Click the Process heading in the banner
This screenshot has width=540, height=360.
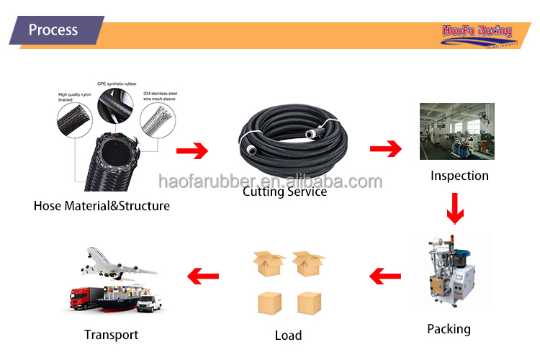pyautogui.click(x=53, y=30)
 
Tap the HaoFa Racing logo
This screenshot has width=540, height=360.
pyautogui.click(x=476, y=32)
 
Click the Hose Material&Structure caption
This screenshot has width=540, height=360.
pyautogui.click(x=102, y=206)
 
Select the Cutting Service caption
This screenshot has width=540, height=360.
pyautogui.click(x=284, y=192)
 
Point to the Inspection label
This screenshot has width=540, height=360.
pyautogui.click(x=459, y=176)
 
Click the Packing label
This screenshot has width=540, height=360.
pyautogui.click(x=449, y=329)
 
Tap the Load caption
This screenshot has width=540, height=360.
pyautogui.click(x=288, y=335)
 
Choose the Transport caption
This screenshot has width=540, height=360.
pyautogui.click(x=111, y=334)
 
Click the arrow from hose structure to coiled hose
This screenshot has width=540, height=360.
pyautogui.click(x=192, y=151)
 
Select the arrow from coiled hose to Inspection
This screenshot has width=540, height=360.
pyautogui.click(x=385, y=149)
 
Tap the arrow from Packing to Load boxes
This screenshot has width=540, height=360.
pyautogui.click(x=385, y=274)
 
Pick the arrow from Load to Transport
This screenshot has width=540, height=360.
pyautogui.click(x=203, y=274)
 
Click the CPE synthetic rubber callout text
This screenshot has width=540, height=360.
pyautogui.click(x=117, y=84)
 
